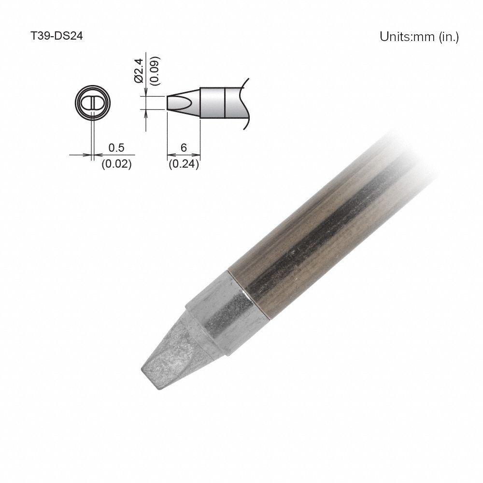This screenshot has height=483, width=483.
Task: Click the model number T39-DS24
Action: tap(57, 37)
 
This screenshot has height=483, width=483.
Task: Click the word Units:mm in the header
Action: tap(407, 37)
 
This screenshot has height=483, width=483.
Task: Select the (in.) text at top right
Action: tap(449, 37)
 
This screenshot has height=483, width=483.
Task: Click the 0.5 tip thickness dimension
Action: tap(116, 147)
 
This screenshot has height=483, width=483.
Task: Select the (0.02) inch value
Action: tap(116, 164)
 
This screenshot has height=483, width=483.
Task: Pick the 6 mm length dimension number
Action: tap(184, 147)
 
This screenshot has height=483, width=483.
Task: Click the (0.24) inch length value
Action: tap(184, 164)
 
